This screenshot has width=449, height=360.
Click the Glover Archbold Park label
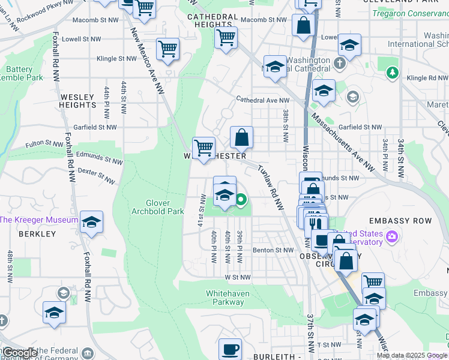click(157, 207)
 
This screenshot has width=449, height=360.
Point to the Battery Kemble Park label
click(23, 73)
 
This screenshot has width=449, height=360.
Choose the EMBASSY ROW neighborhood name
click(400, 221)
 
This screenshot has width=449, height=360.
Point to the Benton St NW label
click(273, 250)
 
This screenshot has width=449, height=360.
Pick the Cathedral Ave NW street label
click(262, 100)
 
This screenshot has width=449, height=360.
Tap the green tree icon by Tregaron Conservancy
click(393, 73)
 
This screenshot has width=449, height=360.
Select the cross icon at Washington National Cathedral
click(340, 62)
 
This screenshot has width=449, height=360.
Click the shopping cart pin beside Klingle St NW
click(168, 49)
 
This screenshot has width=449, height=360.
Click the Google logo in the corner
click(19, 353)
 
